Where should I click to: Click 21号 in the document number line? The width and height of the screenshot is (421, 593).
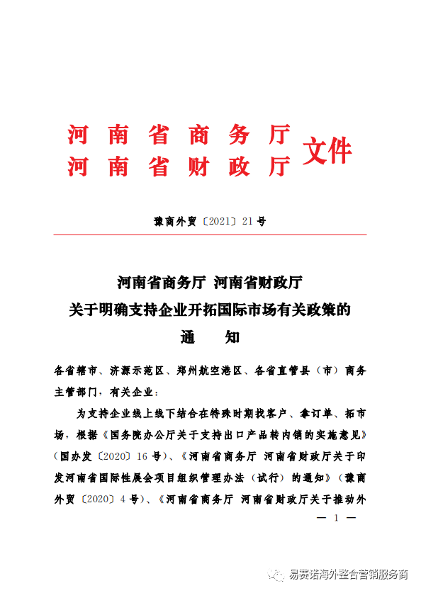click(254, 221)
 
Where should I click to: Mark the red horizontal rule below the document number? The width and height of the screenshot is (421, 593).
click(211, 235)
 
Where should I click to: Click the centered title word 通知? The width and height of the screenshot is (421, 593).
click(210, 337)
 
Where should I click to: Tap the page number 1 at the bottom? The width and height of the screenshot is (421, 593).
click(336, 519)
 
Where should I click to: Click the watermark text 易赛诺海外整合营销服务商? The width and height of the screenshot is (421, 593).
click(349, 575)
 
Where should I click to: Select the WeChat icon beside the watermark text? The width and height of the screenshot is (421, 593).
click(276, 575)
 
